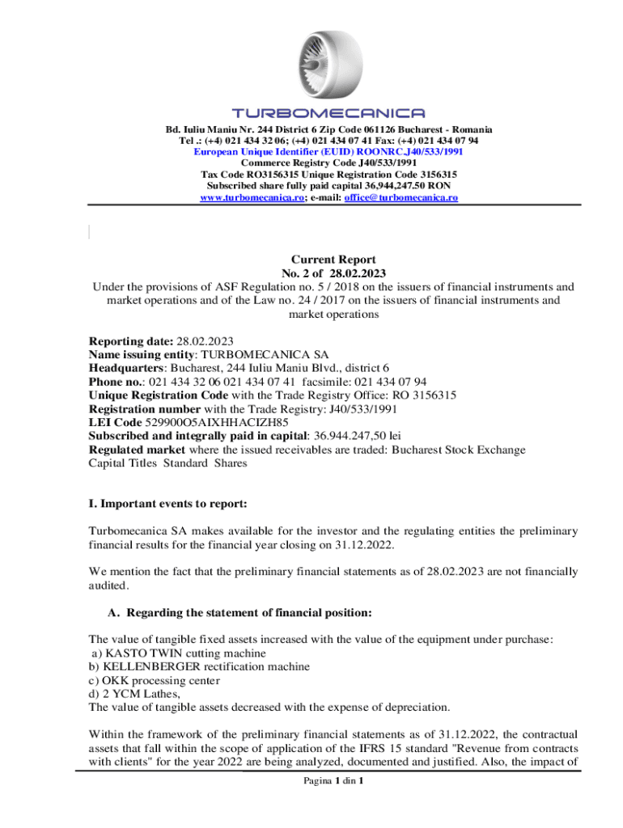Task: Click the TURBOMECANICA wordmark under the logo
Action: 328,113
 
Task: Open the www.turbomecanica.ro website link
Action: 252,196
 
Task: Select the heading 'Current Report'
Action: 333,260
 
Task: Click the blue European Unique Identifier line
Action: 328,151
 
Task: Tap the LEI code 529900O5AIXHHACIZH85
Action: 215,422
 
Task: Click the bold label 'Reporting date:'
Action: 130,341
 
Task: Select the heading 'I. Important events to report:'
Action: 167,504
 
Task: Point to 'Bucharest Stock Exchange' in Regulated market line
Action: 447,450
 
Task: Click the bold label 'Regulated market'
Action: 136,450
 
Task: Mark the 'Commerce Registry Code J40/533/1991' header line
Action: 328,163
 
